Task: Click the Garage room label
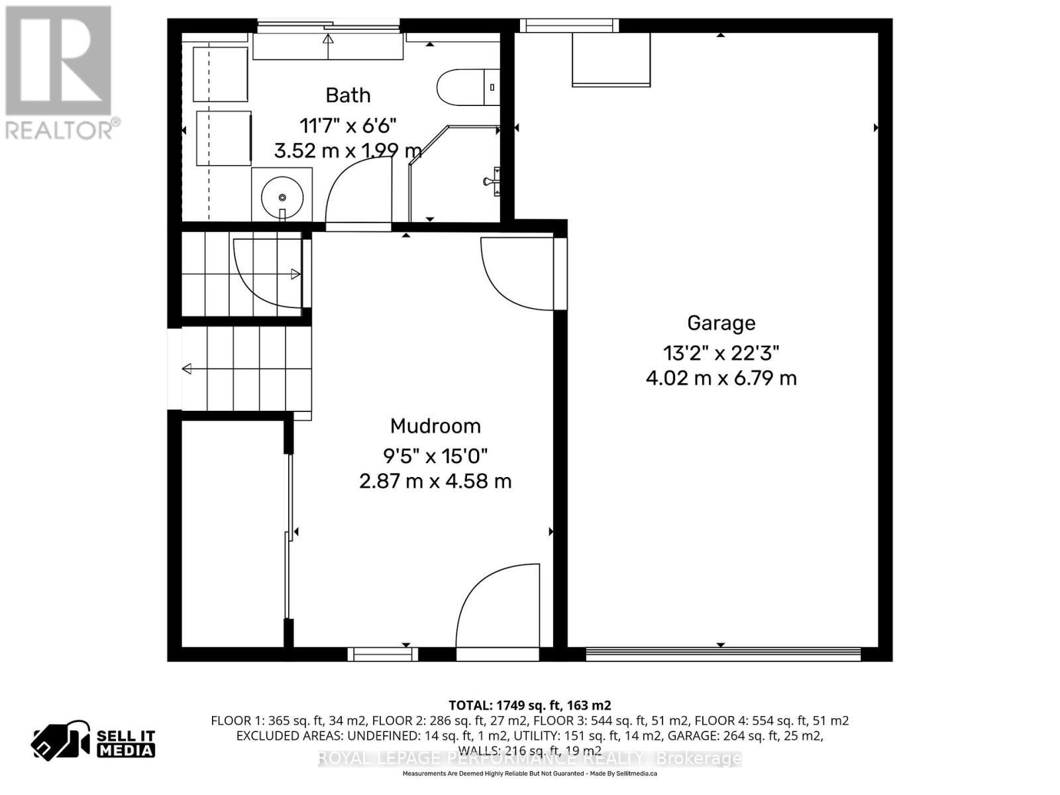pos(721,323)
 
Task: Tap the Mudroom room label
pos(435,425)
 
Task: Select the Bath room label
pos(348,95)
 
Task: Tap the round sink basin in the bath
pos(282,197)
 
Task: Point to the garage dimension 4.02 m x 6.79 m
pos(721,378)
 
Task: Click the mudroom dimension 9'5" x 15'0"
pos(435,456)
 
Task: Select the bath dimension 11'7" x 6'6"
pos(348,125)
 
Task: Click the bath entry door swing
pos(358,192)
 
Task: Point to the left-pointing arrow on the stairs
pos(187,368)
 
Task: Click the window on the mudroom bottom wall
pos(383,655)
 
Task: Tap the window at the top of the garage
pos(569,26)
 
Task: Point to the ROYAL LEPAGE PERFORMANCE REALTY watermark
pos(529,759)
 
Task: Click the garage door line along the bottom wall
pos(722,655)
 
